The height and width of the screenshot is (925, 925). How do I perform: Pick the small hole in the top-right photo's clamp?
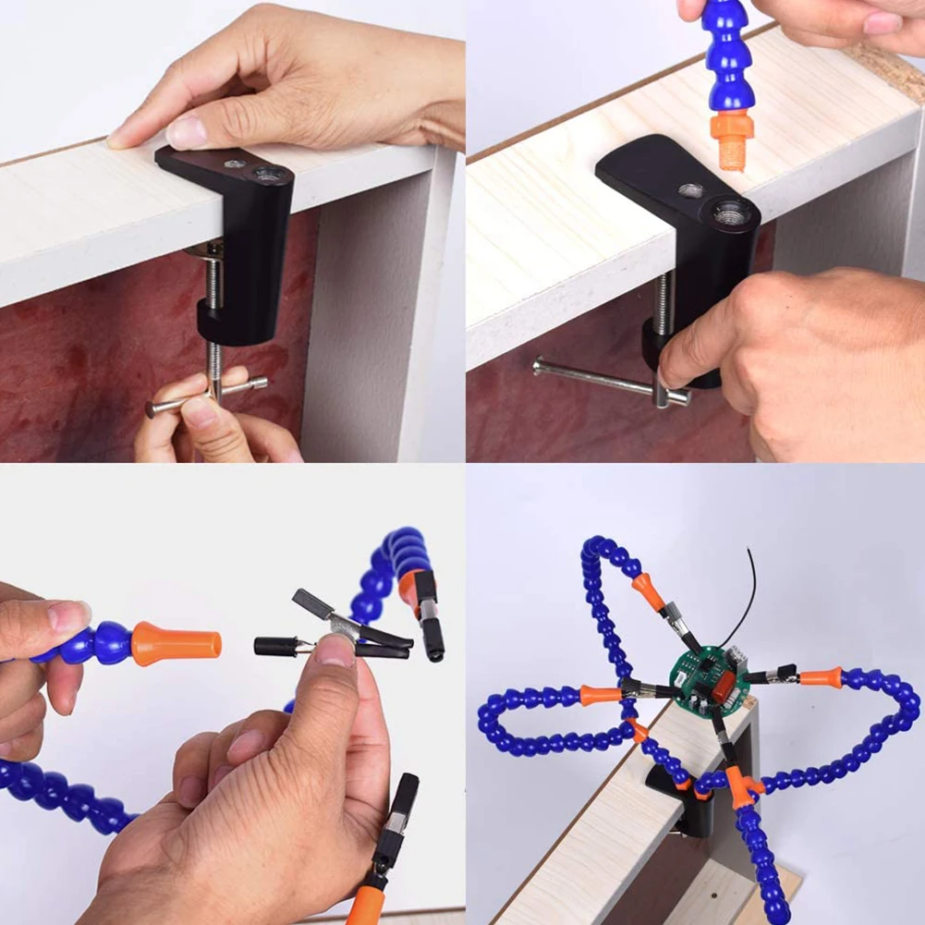click(x=690, y=190)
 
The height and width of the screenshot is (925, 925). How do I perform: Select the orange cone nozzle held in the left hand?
click(x=176, y=643)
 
